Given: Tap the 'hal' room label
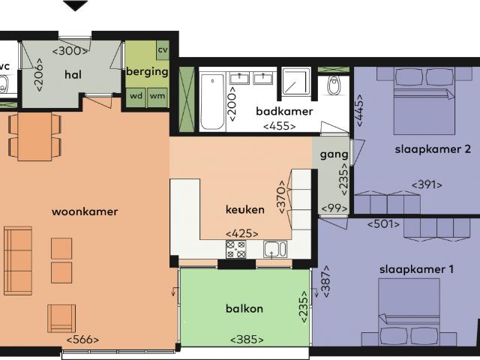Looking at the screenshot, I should pos(73,74).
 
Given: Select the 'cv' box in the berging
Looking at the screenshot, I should pos(162,50).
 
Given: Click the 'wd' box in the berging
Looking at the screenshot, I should pos(136,96).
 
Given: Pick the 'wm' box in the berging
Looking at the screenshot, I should pos(157,96).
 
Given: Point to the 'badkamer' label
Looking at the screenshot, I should pos(278,111).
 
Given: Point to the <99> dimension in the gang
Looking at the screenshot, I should pos(331,208).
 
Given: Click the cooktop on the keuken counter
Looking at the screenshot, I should pos(236,250).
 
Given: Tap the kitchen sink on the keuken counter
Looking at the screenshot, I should pos(273,249).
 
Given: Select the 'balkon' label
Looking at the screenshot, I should pos(244,308).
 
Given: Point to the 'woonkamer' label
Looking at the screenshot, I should pos(85,211).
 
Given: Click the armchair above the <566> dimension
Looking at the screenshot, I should pos(61,318).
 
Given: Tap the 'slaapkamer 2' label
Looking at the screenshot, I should pos(433,148).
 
